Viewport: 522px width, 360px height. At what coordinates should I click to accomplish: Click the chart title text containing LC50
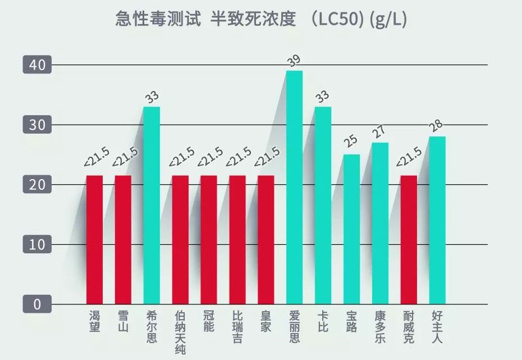[261, 19]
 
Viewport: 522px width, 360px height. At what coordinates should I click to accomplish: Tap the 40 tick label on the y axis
[37, 65]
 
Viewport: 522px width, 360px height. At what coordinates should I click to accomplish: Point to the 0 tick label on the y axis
[37, 304]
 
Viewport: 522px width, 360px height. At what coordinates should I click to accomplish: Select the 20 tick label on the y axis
[37, 185]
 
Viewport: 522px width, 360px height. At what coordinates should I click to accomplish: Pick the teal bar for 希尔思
[152, 205]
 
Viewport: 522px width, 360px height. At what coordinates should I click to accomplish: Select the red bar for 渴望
[94, 240]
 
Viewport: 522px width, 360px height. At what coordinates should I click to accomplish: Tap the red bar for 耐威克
[409, 240]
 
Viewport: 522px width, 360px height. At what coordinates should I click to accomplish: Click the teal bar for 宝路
[351, 229]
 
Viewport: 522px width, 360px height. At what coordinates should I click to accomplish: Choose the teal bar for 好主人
[437, 220]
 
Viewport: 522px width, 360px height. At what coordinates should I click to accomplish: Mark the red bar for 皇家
[266, 240]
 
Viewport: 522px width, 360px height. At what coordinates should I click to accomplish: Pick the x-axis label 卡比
[323, 321]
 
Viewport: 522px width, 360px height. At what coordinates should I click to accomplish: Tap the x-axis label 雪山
[123, 321]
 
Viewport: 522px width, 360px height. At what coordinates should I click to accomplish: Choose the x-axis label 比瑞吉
[237, 326]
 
